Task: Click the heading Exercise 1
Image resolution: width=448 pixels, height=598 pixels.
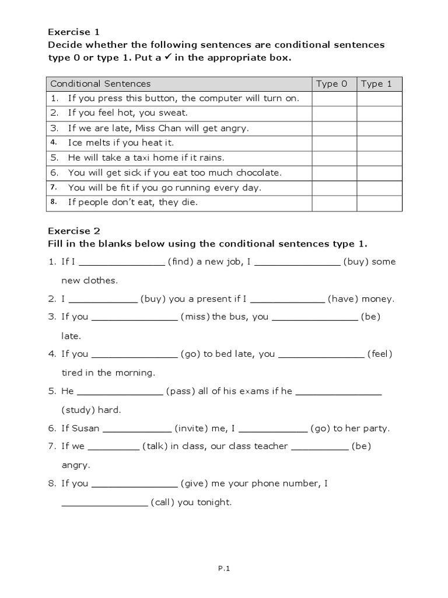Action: [x=69, y=32]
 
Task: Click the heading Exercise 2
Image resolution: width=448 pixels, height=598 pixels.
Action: [x=69, y=231]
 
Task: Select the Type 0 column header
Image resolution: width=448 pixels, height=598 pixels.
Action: [x=331, y=84]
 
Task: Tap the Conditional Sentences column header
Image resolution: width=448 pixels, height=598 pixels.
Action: [x=100, y=84]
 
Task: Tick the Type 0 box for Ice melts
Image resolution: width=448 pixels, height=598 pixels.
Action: [x=334, y=143]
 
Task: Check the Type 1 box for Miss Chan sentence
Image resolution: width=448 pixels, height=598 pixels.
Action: [x=379, y=128]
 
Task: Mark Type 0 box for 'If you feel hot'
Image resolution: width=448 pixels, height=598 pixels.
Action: [x=334, y=113]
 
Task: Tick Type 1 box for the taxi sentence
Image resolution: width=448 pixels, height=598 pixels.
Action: [x=379, y=158]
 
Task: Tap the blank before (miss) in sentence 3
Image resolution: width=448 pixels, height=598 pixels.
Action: [x=135, y=317]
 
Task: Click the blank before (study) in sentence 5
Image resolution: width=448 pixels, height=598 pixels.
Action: [x=339, y=392]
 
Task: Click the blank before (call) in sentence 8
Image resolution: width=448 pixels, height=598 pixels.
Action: [x=104, y=503]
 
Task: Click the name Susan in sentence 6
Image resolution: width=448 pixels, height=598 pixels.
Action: [x=86, y=429]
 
